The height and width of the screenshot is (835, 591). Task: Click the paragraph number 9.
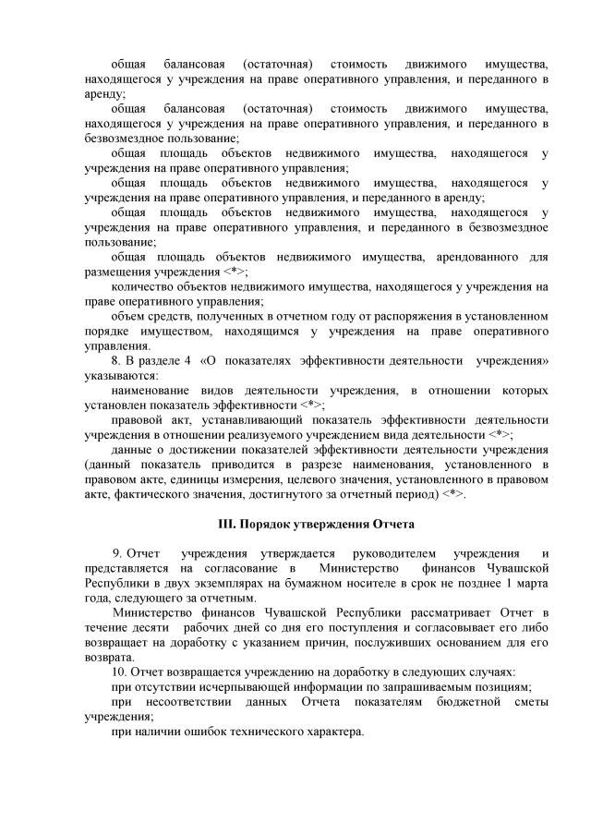118,552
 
